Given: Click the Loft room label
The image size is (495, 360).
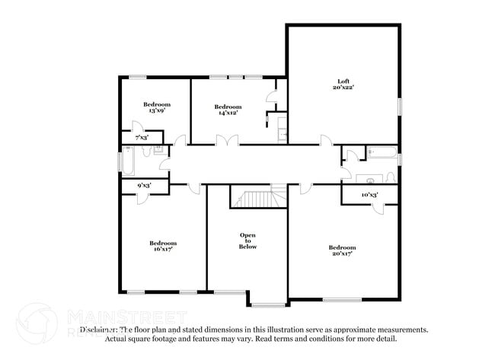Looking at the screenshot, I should [343, 81].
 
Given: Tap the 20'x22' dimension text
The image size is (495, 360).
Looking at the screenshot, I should [343, 88].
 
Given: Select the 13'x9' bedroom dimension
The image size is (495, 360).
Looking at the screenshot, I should [156, 111].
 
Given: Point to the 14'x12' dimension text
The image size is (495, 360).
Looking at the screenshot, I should [228, 113].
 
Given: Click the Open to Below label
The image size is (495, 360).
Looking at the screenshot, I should [247, 241].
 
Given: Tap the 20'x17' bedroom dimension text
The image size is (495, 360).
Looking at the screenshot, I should [342, 253].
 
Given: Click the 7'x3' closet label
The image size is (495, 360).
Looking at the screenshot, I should [142, 138].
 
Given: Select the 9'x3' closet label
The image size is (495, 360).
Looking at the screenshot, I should [143, 185].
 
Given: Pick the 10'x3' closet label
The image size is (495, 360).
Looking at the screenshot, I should [369, 196].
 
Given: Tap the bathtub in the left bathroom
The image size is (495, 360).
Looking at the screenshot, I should [129, 162].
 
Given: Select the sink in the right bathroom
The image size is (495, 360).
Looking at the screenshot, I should [371, 180].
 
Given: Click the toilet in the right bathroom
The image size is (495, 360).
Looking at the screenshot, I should [390, 178].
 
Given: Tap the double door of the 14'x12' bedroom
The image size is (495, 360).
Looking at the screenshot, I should [227, 141].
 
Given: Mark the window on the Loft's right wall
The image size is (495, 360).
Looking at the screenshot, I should [399, 107].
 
